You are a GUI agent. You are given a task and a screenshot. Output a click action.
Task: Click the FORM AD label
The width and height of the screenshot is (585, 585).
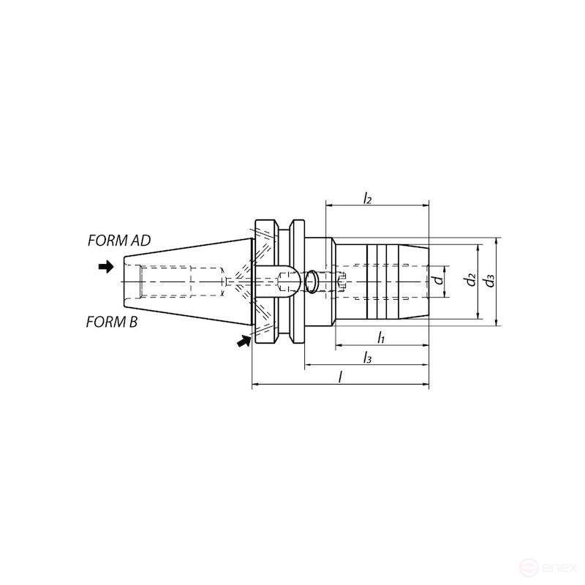tap(118, 241)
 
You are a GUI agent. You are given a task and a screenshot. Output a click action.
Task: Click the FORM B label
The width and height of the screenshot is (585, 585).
tap(112, 322)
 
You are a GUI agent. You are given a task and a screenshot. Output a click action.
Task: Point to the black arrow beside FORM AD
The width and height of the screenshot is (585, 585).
tap(107, 267)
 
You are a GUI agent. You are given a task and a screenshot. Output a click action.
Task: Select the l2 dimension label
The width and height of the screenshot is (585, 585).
tap(368, 198)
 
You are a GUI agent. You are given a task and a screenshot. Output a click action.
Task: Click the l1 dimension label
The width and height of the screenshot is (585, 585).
tap(381, 337)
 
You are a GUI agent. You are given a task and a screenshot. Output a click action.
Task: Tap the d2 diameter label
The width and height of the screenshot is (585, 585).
tap(471, 280)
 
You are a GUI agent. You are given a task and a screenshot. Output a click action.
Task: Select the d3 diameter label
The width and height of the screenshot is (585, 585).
tap(489, 280)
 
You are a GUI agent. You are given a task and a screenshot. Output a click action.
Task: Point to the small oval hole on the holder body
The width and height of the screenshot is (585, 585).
tap(312, 280)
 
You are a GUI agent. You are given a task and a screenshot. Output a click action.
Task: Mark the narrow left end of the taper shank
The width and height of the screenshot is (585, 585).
tap(125, 281)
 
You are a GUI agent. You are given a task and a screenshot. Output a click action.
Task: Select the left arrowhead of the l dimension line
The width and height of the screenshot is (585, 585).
tap(255, 384)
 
